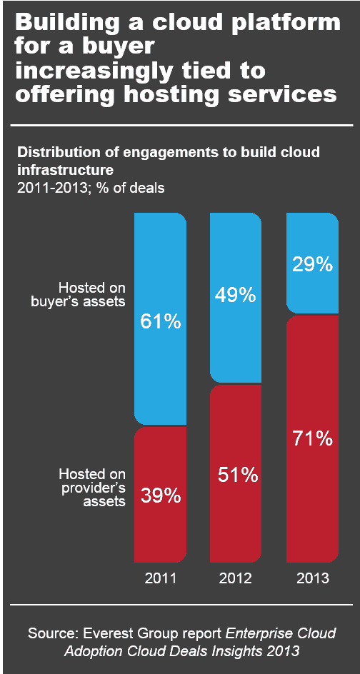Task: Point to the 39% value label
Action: pyautogui.click(x=161, y=496)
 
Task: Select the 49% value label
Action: pyautogui.click(x=236, y=295)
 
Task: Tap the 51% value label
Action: pyautogui.click(x=236, y=476)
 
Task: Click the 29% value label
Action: pyautogui.click(x=312, y=264)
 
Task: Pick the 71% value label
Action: pyautogui.click(x=312, y=438)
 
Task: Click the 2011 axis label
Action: pyautogui.click(x=161, y=578)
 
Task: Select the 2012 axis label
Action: pyautogui.click(x=236, y=578)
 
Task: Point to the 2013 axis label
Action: pyautogui.click(x=312, y=578)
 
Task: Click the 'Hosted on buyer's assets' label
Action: pyautogui.click(x=92, y=295)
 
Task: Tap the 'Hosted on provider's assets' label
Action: pyautogui.click(x=92, y=488)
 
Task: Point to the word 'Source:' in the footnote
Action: pyautogui.click(x=53, y=633)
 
